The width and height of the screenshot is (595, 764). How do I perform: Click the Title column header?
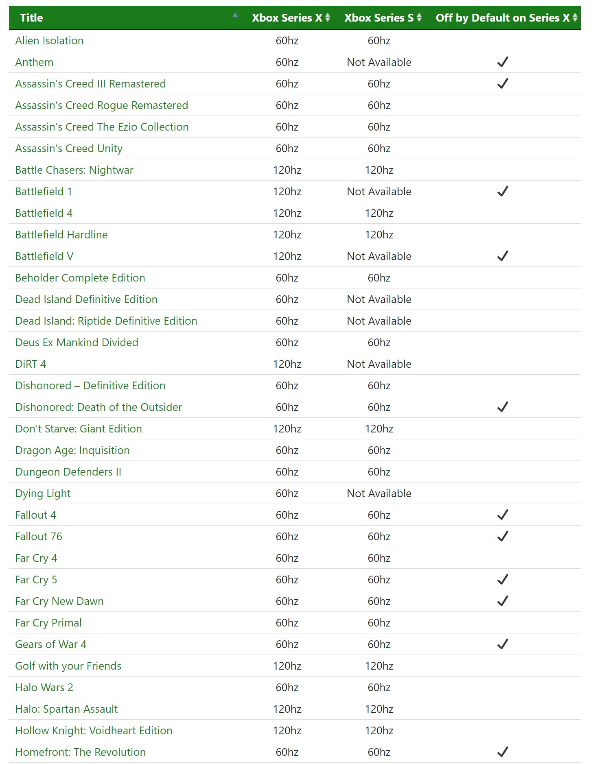(x=31, y=18)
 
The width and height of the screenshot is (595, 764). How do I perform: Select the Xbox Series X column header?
(x=287, y=18)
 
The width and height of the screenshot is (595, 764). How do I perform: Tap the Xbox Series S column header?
(x=378, y=18)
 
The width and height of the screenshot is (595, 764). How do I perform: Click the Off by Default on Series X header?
(x=502, y=18)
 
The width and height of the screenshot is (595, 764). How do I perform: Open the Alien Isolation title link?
(x=49, y=41)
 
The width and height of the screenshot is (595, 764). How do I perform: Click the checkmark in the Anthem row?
(x=503, y=62)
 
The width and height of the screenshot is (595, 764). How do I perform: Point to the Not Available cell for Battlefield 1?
(x=379, y=192)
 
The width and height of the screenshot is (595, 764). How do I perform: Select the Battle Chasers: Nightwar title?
(x=74, y=170)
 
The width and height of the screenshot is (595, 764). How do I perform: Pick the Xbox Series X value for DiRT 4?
(x=287, y=364)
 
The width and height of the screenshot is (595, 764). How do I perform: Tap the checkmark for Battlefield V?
(x=503, y=256)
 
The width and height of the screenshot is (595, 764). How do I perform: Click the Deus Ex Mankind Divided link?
(x=77, y=343)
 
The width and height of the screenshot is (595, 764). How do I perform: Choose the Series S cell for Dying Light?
(x=379, y=493)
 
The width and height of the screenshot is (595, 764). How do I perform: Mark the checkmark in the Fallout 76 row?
(x=503, y=536)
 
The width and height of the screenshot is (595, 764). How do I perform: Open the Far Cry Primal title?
(x=48, y=623)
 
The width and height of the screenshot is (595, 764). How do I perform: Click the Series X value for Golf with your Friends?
(x=287, y=666)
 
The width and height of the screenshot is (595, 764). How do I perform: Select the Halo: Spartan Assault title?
(x=66, y=709)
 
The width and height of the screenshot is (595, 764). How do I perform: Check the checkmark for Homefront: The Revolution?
(x=503, y=752)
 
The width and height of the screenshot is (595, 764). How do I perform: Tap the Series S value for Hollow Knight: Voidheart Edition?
(x=379, y=731)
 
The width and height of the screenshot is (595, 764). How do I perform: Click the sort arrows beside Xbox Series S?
(x=419, y=18)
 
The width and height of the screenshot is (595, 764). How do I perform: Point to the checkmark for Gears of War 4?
(x=503, y=644)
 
